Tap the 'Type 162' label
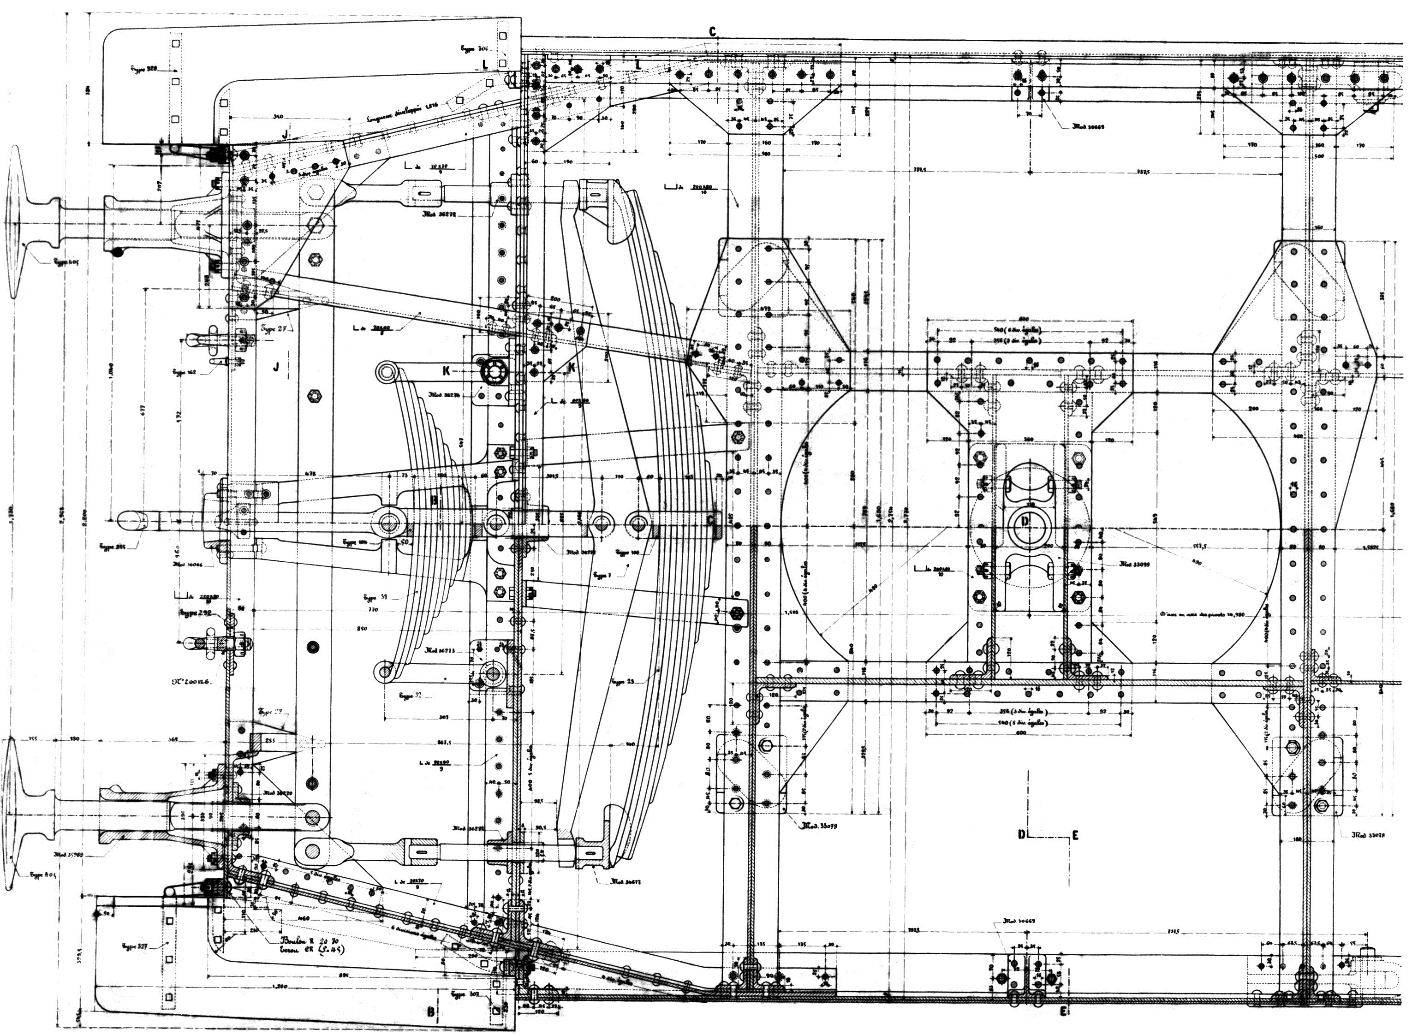[184, 372]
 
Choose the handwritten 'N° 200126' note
[193, 680]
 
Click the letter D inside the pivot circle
[1025, 521]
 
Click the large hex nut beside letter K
[493, 371]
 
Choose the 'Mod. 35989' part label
[68, 854]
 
